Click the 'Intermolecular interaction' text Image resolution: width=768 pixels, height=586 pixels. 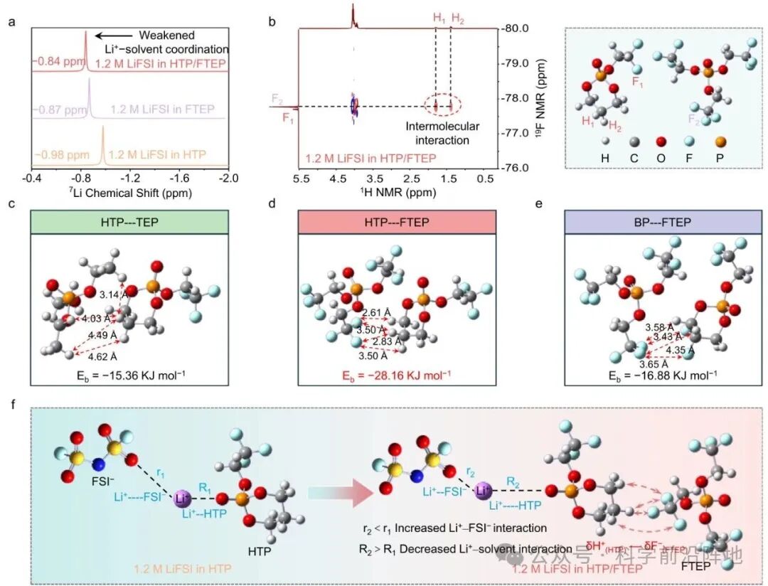(442, 133)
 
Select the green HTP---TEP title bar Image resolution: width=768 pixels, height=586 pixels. (128, 222)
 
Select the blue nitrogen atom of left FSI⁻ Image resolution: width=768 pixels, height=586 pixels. (100, 464)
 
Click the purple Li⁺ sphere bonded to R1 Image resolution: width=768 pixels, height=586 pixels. (183, 498)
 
